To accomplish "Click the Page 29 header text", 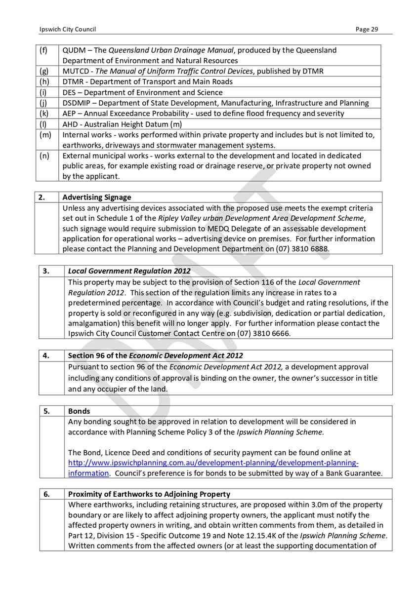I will point(367,29).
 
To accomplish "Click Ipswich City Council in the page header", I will point(61,29).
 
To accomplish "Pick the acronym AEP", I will point(70,114).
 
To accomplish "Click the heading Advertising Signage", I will point(97,197).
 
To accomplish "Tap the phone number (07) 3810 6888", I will point(305,249).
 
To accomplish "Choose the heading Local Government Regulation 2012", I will point(129,271).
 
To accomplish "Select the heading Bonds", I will point(79,411).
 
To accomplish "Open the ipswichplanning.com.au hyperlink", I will point(212,463).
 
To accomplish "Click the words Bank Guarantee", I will point(353,473).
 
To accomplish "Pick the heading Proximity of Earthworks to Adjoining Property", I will point(149,494).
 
